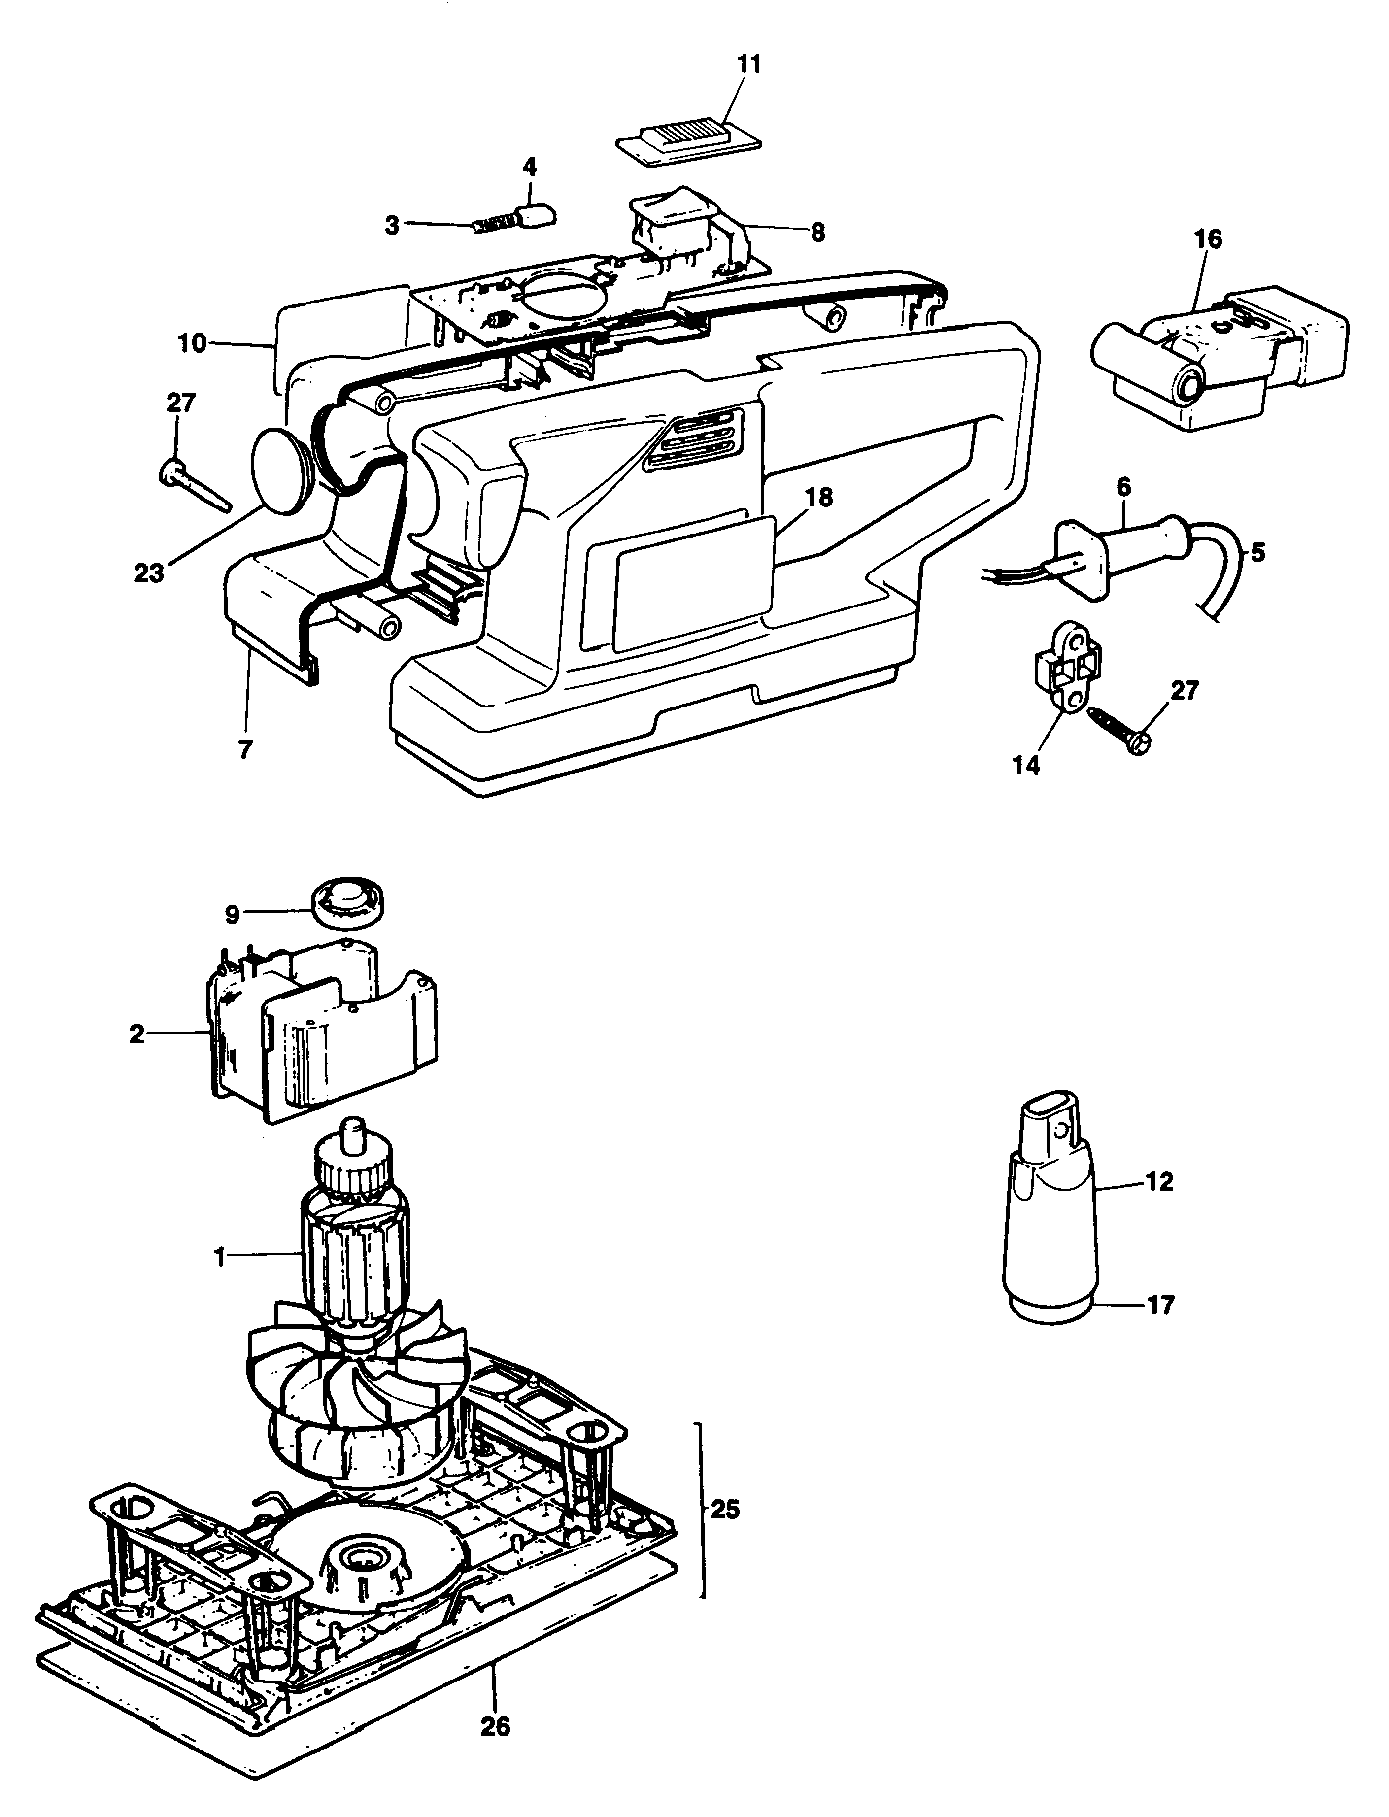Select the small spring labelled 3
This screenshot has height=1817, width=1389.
tap(494, 225)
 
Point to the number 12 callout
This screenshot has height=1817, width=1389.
tap(1159, 1182)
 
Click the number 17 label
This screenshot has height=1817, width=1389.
tap(1159, 1306)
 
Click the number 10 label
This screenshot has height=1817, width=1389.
tap(192, 343)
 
